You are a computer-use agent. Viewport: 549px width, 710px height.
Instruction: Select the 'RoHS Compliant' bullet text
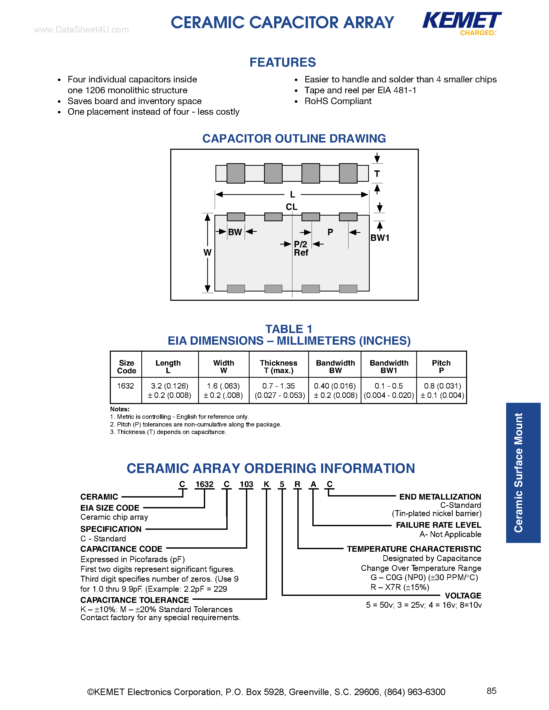pyautogui.click(x=338, y=101)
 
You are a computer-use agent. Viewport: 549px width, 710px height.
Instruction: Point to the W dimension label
pyautogui.click(x=207, y=252)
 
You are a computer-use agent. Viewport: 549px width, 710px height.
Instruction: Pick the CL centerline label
pyautogui.click(x=291, y=207)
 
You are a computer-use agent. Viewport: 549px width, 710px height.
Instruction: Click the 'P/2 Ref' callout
pyautogui.click(x=301, y=248)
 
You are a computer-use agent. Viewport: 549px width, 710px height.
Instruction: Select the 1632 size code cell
pyautogui.click(x=126, y=386)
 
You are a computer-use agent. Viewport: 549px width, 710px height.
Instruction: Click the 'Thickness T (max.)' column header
pyautogui.click(x=279, y=367)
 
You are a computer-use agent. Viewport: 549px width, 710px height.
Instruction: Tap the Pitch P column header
pyautogui.click(x=441, y=367)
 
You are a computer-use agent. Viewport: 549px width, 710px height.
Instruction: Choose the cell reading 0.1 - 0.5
pyautogui.click(x=388, y=386)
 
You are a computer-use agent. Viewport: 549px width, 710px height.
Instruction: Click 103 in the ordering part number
pyautogui.click(x=246, y=484)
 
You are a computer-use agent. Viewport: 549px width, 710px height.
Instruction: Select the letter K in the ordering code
pyautogui.click(x=266, y=484)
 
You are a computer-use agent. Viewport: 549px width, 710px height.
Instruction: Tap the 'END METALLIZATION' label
pyautogui.click(x=440, y=497)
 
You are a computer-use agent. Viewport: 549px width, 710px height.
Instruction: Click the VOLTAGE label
pyautogui.click(x=463, y=596)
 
